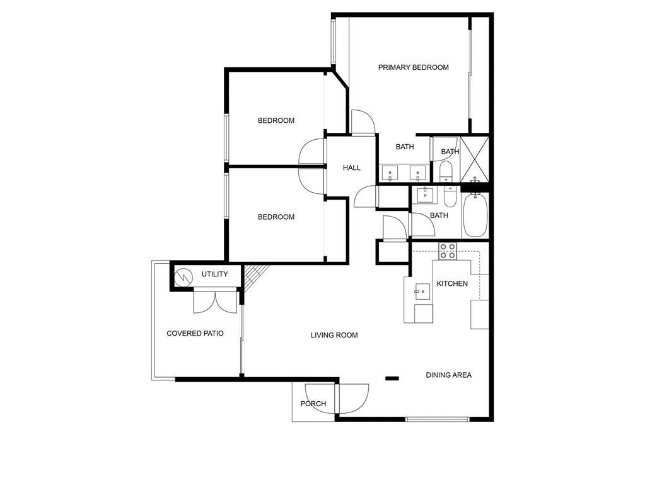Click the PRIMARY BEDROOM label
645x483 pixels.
[x=413, y=67]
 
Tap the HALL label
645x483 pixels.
[x=352, y=168]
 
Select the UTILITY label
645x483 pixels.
[x=214, y=275]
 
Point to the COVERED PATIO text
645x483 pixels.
[x=195, y=333]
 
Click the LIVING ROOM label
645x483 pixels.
[x=334, y=335]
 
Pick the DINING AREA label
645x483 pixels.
[x=448, y=375]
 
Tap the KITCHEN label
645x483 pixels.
[x=452, y=283]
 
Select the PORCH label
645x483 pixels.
[x=313, y=404]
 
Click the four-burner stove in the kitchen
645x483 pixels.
[x=448, y=251]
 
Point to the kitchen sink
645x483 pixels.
[x=422, y=290]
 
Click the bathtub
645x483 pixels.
[x=475, y=215]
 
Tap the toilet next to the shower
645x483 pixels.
[x=446, y=170]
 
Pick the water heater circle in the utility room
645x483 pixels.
[x=184, y=276]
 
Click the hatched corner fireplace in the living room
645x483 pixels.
[x=255, y=276]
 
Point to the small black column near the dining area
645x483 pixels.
[x=392, y=378]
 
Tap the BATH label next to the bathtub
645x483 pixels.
[x=439, y=215]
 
